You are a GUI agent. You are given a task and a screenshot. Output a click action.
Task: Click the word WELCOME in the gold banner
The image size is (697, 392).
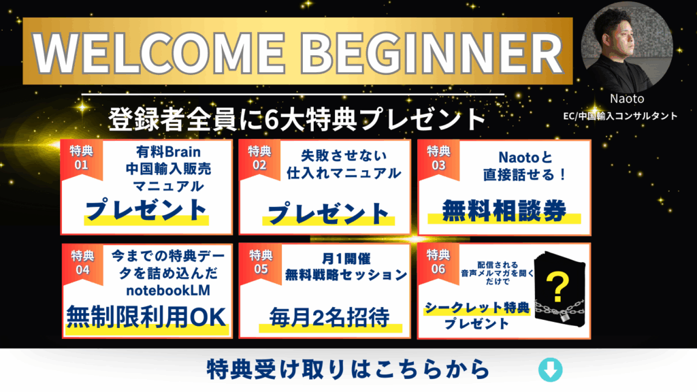pyautogui.click(x=159, y=52)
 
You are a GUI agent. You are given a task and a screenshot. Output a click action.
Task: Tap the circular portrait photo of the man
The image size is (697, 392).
pyautogui.click(x=627, y=47)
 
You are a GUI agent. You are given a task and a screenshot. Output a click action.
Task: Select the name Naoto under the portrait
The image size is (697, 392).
pyautogui.click(x=627, y=99)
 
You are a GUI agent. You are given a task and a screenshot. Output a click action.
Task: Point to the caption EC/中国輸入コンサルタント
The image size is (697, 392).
pyautogui.click(x=620, y=116)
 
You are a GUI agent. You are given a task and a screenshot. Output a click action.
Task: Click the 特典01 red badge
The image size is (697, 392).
pyautogui.click(x=82, y=160)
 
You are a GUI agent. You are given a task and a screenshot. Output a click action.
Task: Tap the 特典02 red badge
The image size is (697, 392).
pyautogui.click(x=259, y=160)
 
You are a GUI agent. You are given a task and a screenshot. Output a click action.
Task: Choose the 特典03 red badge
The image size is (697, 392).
pyautogui.click(x=438, y=160)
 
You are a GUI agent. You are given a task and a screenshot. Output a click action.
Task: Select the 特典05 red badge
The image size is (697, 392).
pyautogui.click(x=261, y=264)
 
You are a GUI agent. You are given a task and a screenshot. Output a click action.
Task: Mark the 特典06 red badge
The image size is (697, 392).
pyautogui.click(x=438, y=263)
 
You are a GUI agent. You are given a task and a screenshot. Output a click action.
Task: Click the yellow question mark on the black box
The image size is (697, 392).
pyautogui.click(x=557, y=288)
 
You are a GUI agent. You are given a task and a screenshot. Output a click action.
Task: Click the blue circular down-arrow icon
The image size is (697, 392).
pyautogui.click(x=550, y=370)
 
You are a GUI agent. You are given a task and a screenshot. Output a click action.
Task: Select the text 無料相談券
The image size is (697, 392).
pyautogui.click(x=504, y=211)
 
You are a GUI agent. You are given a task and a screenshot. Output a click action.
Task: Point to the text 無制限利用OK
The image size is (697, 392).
pyautogui.click(x=146, y=317)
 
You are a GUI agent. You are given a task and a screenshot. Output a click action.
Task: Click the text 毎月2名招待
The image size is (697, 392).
pyautogui.click(x=329, y=317)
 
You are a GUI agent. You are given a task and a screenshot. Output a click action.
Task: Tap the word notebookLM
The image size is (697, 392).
pyautogui.click(x=168, y=291)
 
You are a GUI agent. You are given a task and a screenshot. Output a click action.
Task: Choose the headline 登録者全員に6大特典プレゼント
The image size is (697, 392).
pyautogui.click(x=297, y=119)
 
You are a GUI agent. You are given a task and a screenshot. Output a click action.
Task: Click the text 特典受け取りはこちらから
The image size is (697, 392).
pyautogui.click(x=348, y=370)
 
